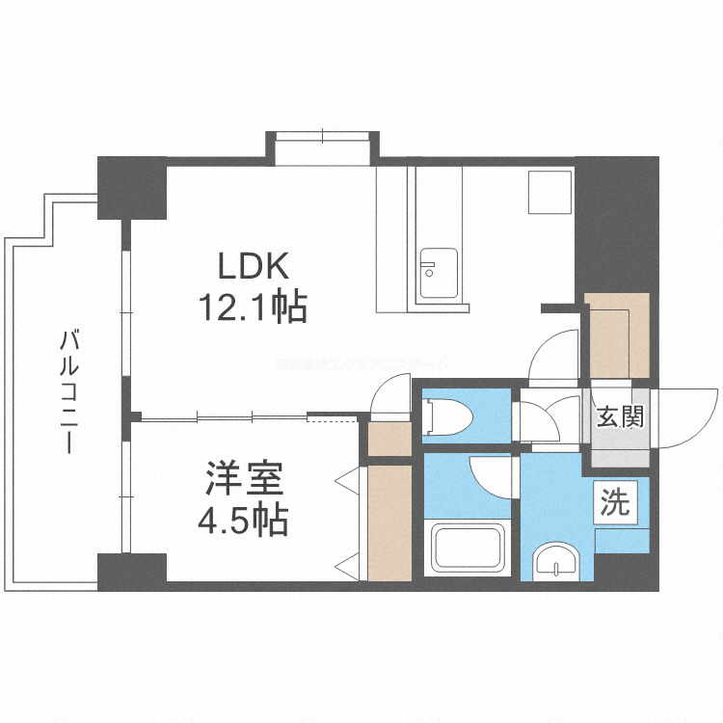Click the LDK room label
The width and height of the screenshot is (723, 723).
pyautogui.click(x=253, y=266)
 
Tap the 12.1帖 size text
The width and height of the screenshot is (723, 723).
pyautogui.click(x=253, y=308)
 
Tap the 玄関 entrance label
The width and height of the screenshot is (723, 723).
pyautogui.click(x=618, y=417)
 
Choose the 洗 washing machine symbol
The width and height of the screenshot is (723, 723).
pyautogui.click(x=616, y=502)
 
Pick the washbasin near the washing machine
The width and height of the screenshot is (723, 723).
pyautogui.click(x=556, y=562)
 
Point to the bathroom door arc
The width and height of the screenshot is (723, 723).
pyautogui.click(x=494, y=474)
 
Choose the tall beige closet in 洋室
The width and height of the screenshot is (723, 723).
pyautogui.click(x=389, y=522)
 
